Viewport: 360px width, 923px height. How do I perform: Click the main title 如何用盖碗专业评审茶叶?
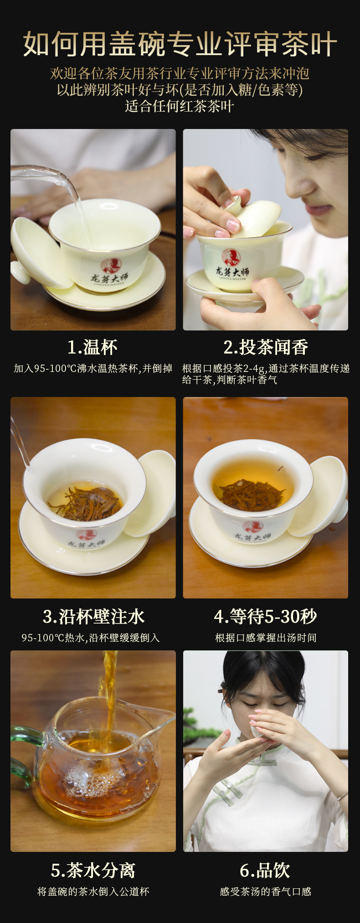click(x=180, y=44)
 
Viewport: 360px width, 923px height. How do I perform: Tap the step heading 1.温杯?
click(x=93, y=347)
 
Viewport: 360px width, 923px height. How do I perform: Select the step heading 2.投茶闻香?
click(x=266, y=347)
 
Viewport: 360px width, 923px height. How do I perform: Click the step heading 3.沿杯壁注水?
click(x=93, y=616)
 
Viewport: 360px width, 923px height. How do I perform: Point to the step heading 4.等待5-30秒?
click(x=266, y=616)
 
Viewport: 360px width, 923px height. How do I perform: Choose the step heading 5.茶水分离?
click(x=93, y=870)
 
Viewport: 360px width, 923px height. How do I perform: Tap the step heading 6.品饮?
click(x=265, y=870)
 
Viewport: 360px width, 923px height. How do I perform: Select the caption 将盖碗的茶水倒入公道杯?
click(x=93, y=891)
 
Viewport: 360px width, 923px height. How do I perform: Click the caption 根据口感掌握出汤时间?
click(x=266, y=637)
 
